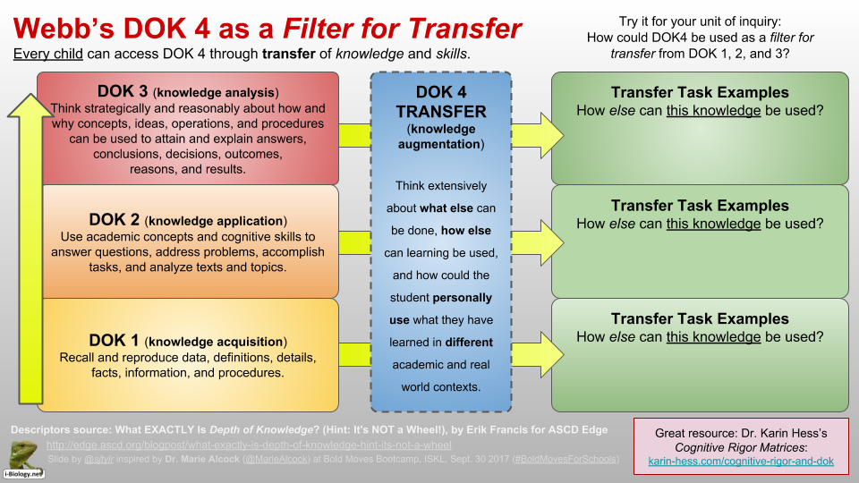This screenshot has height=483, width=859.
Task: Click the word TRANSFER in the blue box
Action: click(441, 112)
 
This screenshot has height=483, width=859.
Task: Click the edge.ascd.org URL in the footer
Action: click(249, 445)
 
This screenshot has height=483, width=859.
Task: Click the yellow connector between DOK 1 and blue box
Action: click(354, 354)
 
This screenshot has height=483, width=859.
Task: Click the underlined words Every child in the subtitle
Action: click(48, 55)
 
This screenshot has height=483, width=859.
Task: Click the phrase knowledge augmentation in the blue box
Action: click(441, 137)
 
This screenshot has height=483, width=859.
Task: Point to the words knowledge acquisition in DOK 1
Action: click(216, 341)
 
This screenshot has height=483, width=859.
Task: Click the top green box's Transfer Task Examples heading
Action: click(700, 92)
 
